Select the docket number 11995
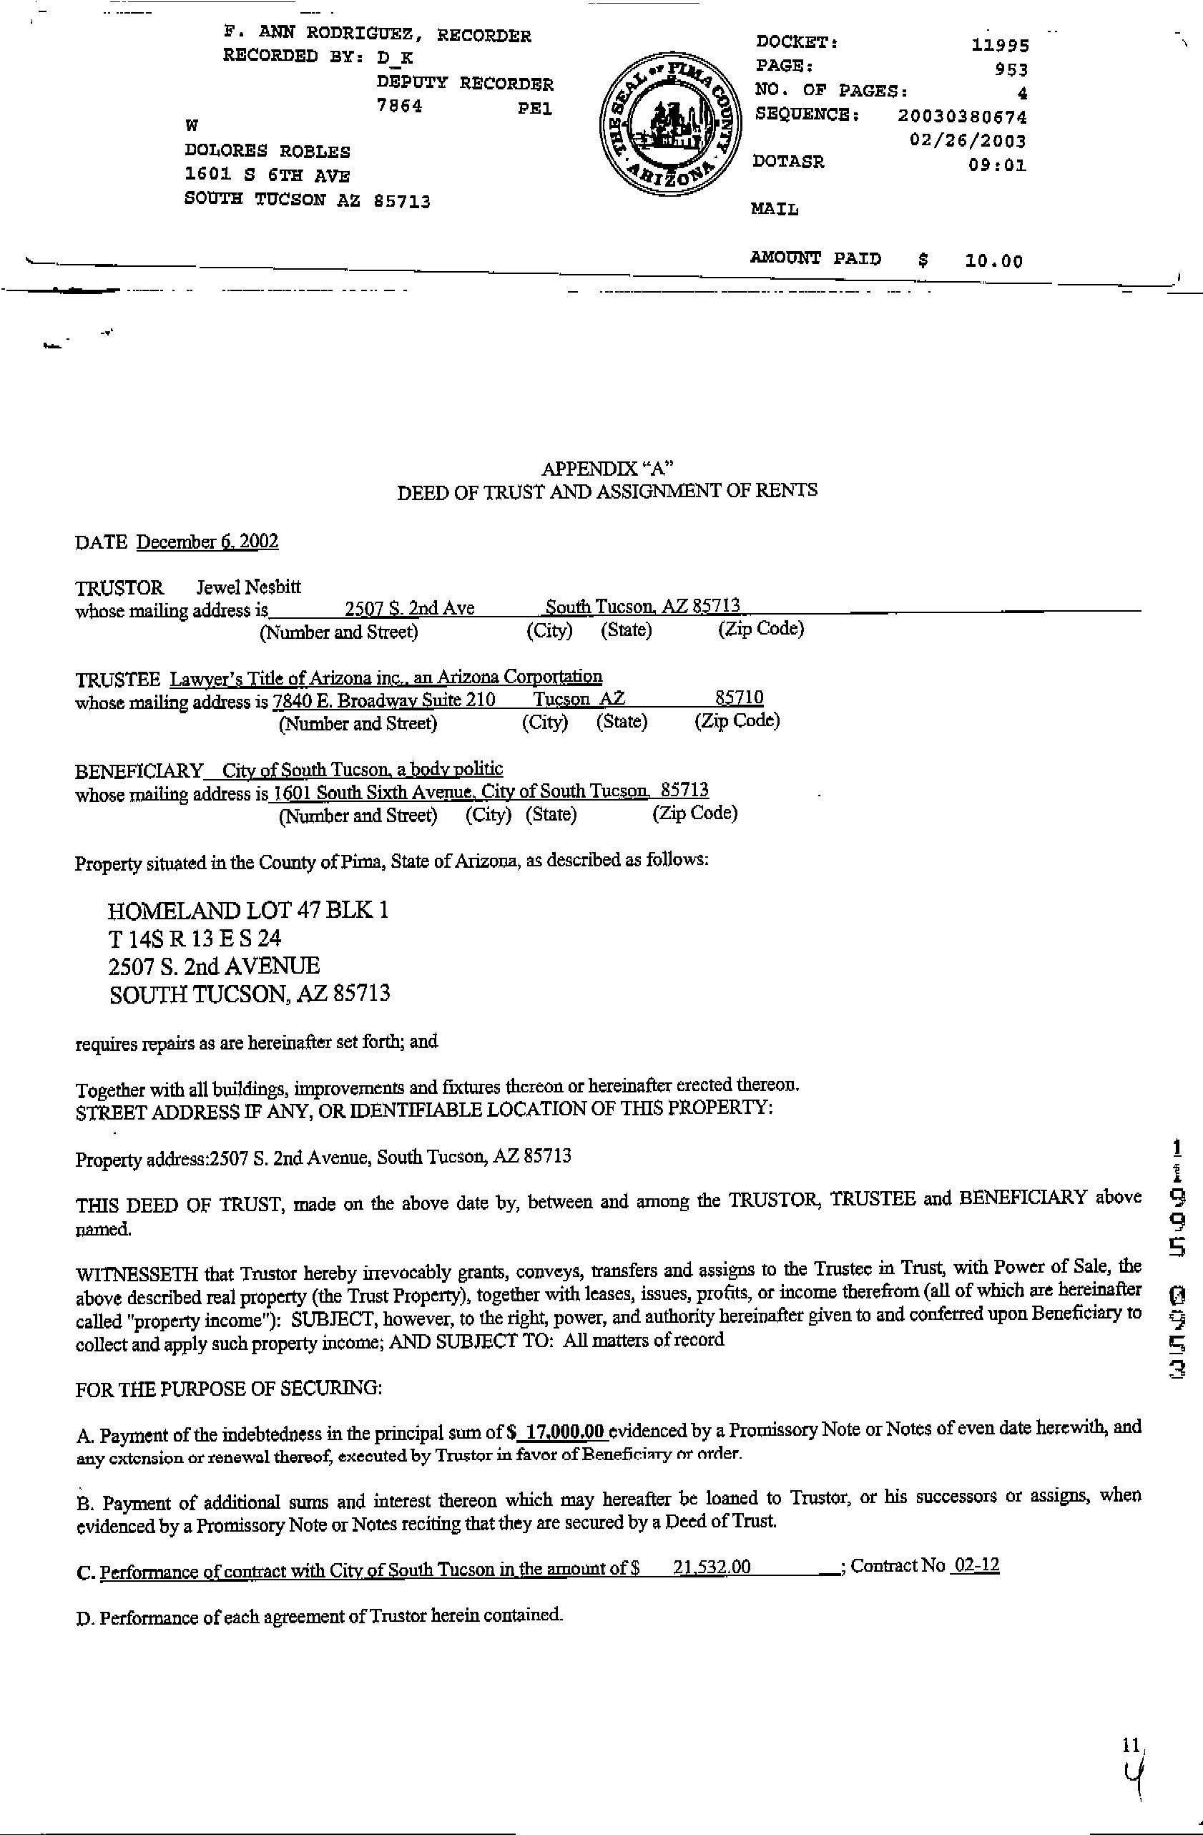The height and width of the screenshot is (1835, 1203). tap(1001, 46)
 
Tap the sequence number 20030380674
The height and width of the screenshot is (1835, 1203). tap(963, 117)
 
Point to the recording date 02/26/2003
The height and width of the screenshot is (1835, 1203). tap(968, 140)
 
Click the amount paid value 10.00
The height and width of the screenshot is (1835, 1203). tap(993, 261)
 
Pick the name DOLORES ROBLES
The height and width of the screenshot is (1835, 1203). tap(267, 152)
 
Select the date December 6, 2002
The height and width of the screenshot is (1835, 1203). tap(207, 542)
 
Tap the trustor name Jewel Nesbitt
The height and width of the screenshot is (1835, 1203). tap(248, 587)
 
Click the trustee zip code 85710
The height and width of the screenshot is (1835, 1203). tap(739, 698)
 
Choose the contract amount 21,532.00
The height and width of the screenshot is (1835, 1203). tap(712, 1567)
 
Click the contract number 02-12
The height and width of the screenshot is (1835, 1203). tap(976, 1565)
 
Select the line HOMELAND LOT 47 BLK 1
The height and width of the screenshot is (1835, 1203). tap(248, 911)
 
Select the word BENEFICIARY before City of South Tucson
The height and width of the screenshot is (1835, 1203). tap(139, 771)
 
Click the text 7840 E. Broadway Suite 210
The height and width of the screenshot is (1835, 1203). tap(384, 700)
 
